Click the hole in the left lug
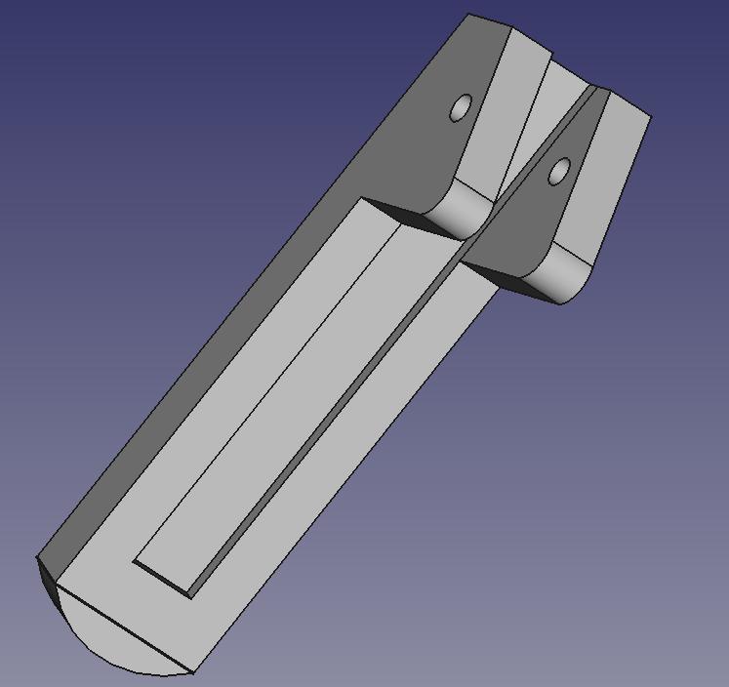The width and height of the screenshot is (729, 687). [460, 108]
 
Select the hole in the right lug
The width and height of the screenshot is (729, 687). [558, 173]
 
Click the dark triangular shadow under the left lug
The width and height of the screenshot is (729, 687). [400, 214]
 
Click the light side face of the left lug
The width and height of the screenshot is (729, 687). [507, 107]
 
